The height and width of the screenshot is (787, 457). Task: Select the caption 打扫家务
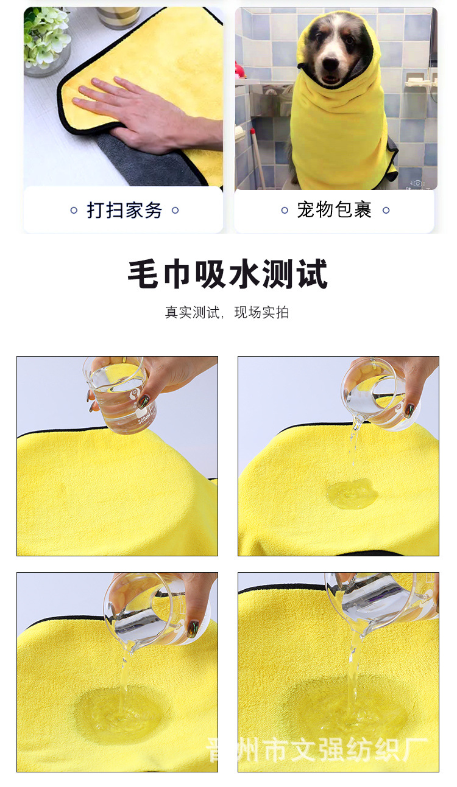click(x=124, y=211)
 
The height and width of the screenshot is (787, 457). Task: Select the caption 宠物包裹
click(x=335, y=211)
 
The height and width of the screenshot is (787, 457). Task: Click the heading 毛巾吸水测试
click(x=228, y=275)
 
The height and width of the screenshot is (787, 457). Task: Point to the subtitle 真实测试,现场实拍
click(x=227, y=313)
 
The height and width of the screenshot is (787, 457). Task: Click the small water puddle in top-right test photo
click(x=352, y=494)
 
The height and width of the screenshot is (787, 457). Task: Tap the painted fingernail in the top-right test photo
click(x=409, y=410)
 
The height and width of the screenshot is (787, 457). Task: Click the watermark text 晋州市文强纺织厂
click(x=317, y=749)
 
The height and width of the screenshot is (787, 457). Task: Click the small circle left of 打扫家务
click(x=74, y=211)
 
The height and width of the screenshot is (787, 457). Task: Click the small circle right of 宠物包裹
click(x=386, y=211)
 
